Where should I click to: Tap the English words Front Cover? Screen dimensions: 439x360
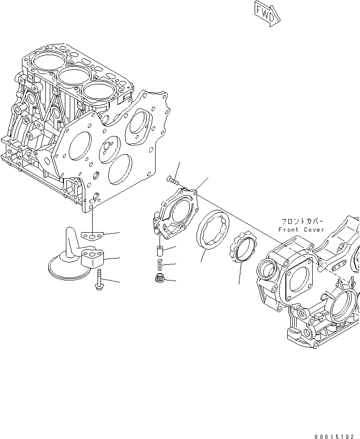click(x=301, y=229)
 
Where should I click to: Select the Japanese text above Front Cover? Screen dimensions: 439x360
click(x=298, y=220)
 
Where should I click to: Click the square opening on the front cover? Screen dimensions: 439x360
click(x=299, y=279)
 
